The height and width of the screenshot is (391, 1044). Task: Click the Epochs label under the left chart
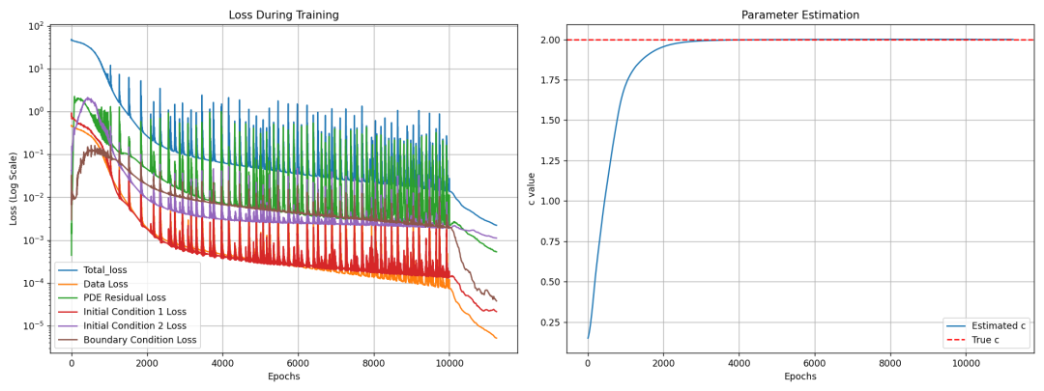coord(284,377)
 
